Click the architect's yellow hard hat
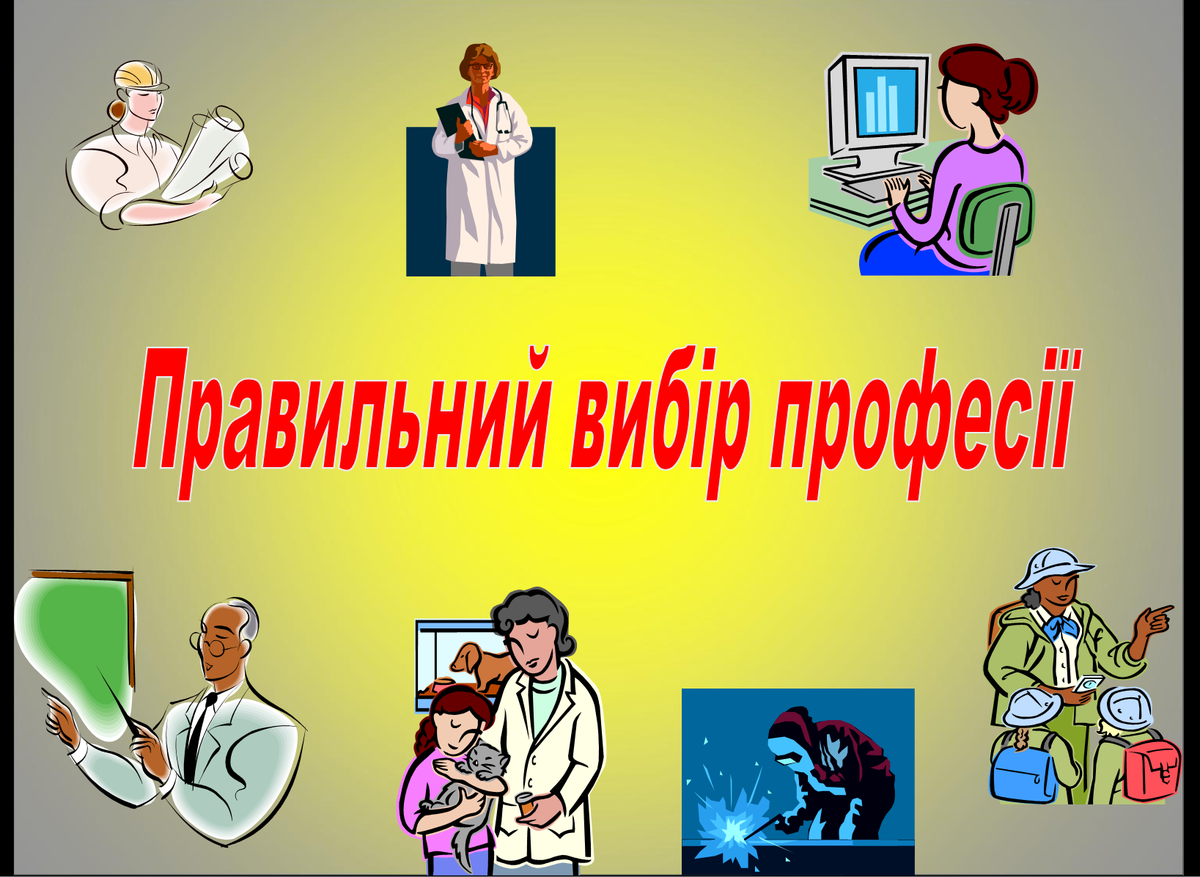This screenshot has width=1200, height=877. [x=140, y=75]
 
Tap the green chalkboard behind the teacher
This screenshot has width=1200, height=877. [x=75, y=643]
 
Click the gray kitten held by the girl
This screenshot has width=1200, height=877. [x=467, y=788]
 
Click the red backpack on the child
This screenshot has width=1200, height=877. [x=1151, y=771]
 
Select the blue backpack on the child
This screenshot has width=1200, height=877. [x=1024, y=775]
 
